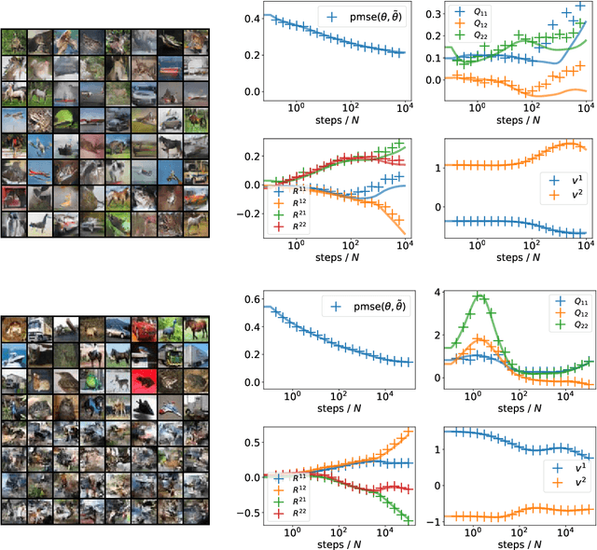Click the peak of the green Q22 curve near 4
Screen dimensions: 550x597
pyautogui.click(x=479, y=297)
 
